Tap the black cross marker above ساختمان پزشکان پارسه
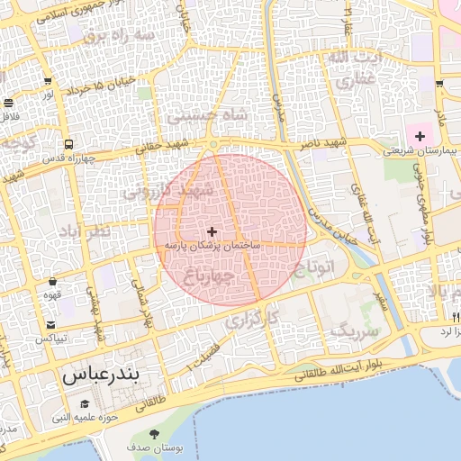pyautogui.click(x=212, y=231)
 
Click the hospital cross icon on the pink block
pyautogui.click(x=420, y=136)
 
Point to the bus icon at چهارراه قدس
pyautogui.click(x=68, y=144)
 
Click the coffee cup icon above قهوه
pyautogui.click(x=54, y=280)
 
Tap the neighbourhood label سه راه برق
pyautogui.click(x=119, y=34)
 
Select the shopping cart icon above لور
pyautogui.click(x=47, y=80)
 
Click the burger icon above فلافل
pyautogui.click(x=8, y=103)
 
